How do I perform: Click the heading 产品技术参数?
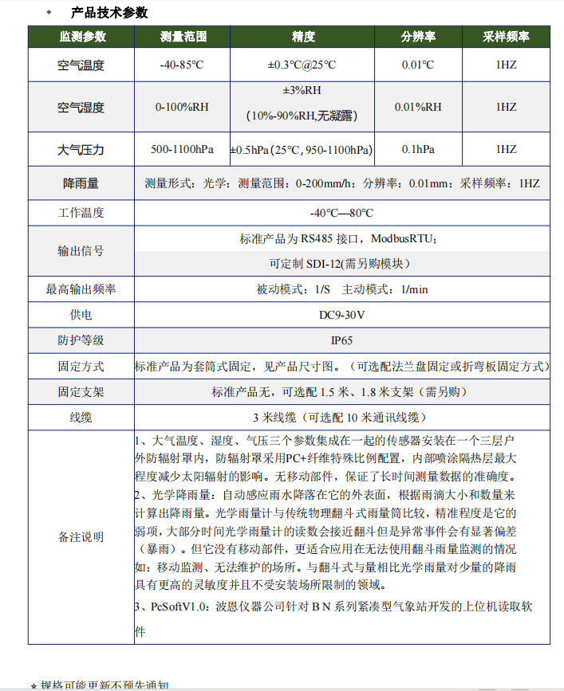(109, 13)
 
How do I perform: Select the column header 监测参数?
(81, 37)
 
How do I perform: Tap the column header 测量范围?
(183, 37)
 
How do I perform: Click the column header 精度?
(304, 37)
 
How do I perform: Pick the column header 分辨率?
(418, 37)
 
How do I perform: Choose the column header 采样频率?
(506, 37)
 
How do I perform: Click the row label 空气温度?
(81, 65)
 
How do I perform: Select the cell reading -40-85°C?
(183, 65)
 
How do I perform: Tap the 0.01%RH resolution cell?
(418, 107)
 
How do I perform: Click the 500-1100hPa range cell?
(183, 149)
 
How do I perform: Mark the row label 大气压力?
(81, 149)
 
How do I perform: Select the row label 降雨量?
(81, 183)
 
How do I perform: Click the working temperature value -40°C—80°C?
(341, 213)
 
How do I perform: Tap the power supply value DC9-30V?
(341, 315)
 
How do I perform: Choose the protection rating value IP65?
(341, 340)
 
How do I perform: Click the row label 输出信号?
(81, 250)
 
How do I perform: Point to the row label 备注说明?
(81, 537)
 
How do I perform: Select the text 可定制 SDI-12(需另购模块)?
(341, 264)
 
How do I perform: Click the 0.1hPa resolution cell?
(418, 149)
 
